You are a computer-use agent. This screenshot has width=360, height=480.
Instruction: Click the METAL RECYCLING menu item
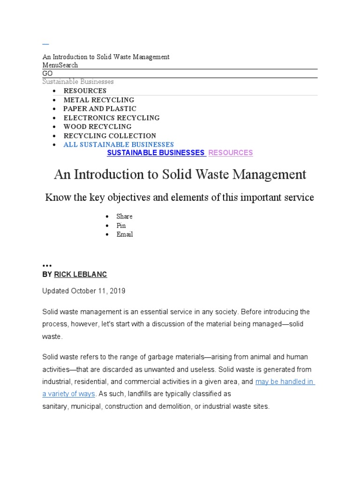(x=99, y=100)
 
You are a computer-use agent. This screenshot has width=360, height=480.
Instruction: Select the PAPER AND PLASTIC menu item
(x=100, y=109)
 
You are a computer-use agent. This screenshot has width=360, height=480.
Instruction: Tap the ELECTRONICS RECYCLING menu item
(x=112, y=118)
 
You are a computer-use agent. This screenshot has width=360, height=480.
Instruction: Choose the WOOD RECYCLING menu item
(x=97, y=127)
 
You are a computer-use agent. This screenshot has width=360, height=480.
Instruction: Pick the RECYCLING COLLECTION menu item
(x=110, y=135)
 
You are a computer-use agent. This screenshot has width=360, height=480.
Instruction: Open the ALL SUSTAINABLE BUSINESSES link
(x=119, y=144)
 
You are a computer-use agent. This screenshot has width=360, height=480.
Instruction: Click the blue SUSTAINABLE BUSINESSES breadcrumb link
(x=156, y=153)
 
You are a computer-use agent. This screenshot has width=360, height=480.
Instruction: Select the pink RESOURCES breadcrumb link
(x=231, y=153)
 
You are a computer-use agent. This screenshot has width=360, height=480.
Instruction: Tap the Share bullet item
(x=124, y=217)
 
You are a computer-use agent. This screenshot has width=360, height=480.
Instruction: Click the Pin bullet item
(x=121, y=225)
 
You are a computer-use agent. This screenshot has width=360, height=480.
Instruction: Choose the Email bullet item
(x=125, y=234)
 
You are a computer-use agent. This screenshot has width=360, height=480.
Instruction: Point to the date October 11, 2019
(x=98, y=291)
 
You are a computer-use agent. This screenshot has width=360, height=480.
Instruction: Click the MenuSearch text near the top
(x=60, y=65)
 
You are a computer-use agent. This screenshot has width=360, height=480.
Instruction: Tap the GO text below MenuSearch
(x=47, y=74)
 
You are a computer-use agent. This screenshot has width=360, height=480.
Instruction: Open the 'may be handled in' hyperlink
(x=285, y=382)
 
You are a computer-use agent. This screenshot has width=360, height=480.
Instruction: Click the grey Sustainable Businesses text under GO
(x=78, y=82)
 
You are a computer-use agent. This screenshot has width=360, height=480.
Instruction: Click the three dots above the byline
(x=47, y=265)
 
